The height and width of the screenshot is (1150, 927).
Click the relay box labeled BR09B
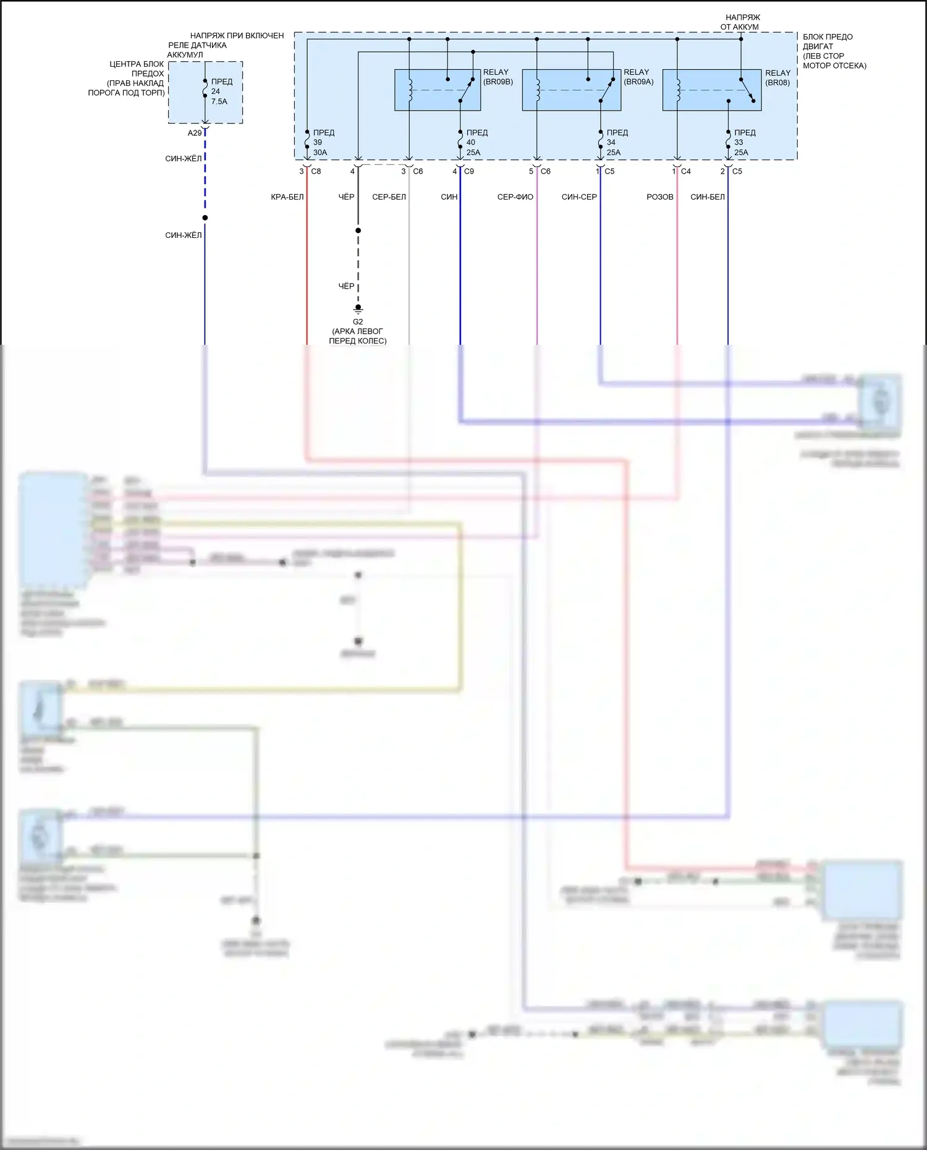(x=438, y=90)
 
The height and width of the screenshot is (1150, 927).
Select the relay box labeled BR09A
(x=572, y=90)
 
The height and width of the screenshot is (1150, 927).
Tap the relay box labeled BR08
(x=712, y=90)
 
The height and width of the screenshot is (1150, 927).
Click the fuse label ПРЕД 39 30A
(x=322, y=142)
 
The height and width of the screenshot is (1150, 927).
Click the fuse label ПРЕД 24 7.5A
(x=221, y=91)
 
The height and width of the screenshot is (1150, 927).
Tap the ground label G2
(x=358, y=322)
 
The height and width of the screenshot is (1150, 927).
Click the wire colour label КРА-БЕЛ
(x=287, y=197)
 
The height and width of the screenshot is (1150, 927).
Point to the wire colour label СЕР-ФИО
(x=515, y=197)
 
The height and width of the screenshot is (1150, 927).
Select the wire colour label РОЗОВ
(x=660, y=197)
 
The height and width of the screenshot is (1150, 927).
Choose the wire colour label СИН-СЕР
(x=579, y=197)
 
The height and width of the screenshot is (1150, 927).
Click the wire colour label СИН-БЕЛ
(x=708, y=197)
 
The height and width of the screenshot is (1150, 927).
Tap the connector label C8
(x=316, y=171)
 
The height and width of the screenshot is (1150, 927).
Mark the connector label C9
(x=469, y=171)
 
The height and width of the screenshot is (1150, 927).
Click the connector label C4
(x=686, y=171)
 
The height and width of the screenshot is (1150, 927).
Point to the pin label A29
(x=195, y=133)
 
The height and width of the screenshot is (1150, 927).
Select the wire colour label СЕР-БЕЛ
(x=389, y=197)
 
